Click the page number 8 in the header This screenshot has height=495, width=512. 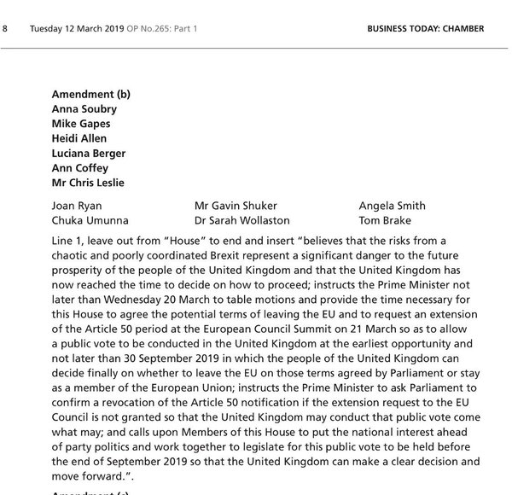pyautogui.click(x=6, y=29)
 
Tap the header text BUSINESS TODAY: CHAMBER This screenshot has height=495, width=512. pyautogui.click(x=425, y=29)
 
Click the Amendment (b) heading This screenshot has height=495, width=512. pyautogui.click(x=90, y=94)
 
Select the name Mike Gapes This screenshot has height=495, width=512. pyautogui.click(x=79, y=124)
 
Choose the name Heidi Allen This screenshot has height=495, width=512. pyautogui.click(x=80, y=138)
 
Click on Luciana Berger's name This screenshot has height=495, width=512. pyautogui.click(x=89, y=154)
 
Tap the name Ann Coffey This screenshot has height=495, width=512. pyautogui.click(x=80, y=168)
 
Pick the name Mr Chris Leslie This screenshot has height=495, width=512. pyautogui.click(x=87, y=183)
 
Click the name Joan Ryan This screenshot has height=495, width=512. pyautogui.click(x=75, y=206)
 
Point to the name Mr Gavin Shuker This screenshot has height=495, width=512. pyautogui.click(x=236, y=206)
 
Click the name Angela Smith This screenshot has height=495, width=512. pyautogui.click(x=392, y=206)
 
